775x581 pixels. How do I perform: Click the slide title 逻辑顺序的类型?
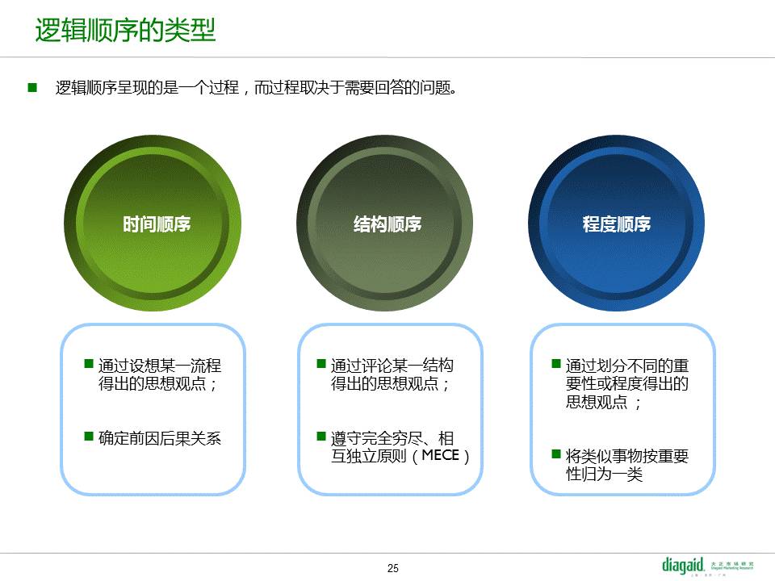pos(126,30)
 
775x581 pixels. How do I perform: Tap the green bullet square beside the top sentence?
pos(32,88)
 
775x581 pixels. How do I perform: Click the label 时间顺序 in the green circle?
pos(157,224)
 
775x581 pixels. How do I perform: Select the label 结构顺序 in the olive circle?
pos(387,224)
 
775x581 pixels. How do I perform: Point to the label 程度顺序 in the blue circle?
pos(616,224)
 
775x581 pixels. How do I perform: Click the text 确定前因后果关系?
pos(160,438)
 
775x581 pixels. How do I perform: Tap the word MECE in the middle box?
pos(441,455)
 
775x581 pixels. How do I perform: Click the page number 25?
pos(393,568)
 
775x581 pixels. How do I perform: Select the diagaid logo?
pos(708,566)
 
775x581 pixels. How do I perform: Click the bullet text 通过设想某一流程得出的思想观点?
pos(160,374)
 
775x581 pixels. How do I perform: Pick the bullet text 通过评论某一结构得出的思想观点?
pos(392,374)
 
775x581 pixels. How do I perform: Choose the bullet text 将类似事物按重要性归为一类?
pos(627,465)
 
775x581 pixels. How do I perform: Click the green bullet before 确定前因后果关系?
pos(89,437)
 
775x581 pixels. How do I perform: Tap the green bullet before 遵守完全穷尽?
pos(321,437)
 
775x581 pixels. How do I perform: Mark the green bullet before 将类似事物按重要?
pos(556,454)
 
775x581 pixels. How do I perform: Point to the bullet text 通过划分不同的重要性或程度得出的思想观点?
pos(627,384)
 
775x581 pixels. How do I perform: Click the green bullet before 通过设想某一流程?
pos(89,364)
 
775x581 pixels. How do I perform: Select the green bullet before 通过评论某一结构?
pos(321,364)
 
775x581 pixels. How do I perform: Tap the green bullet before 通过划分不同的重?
pos(556,364)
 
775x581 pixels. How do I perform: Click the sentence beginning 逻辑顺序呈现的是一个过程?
pos(256,88)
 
